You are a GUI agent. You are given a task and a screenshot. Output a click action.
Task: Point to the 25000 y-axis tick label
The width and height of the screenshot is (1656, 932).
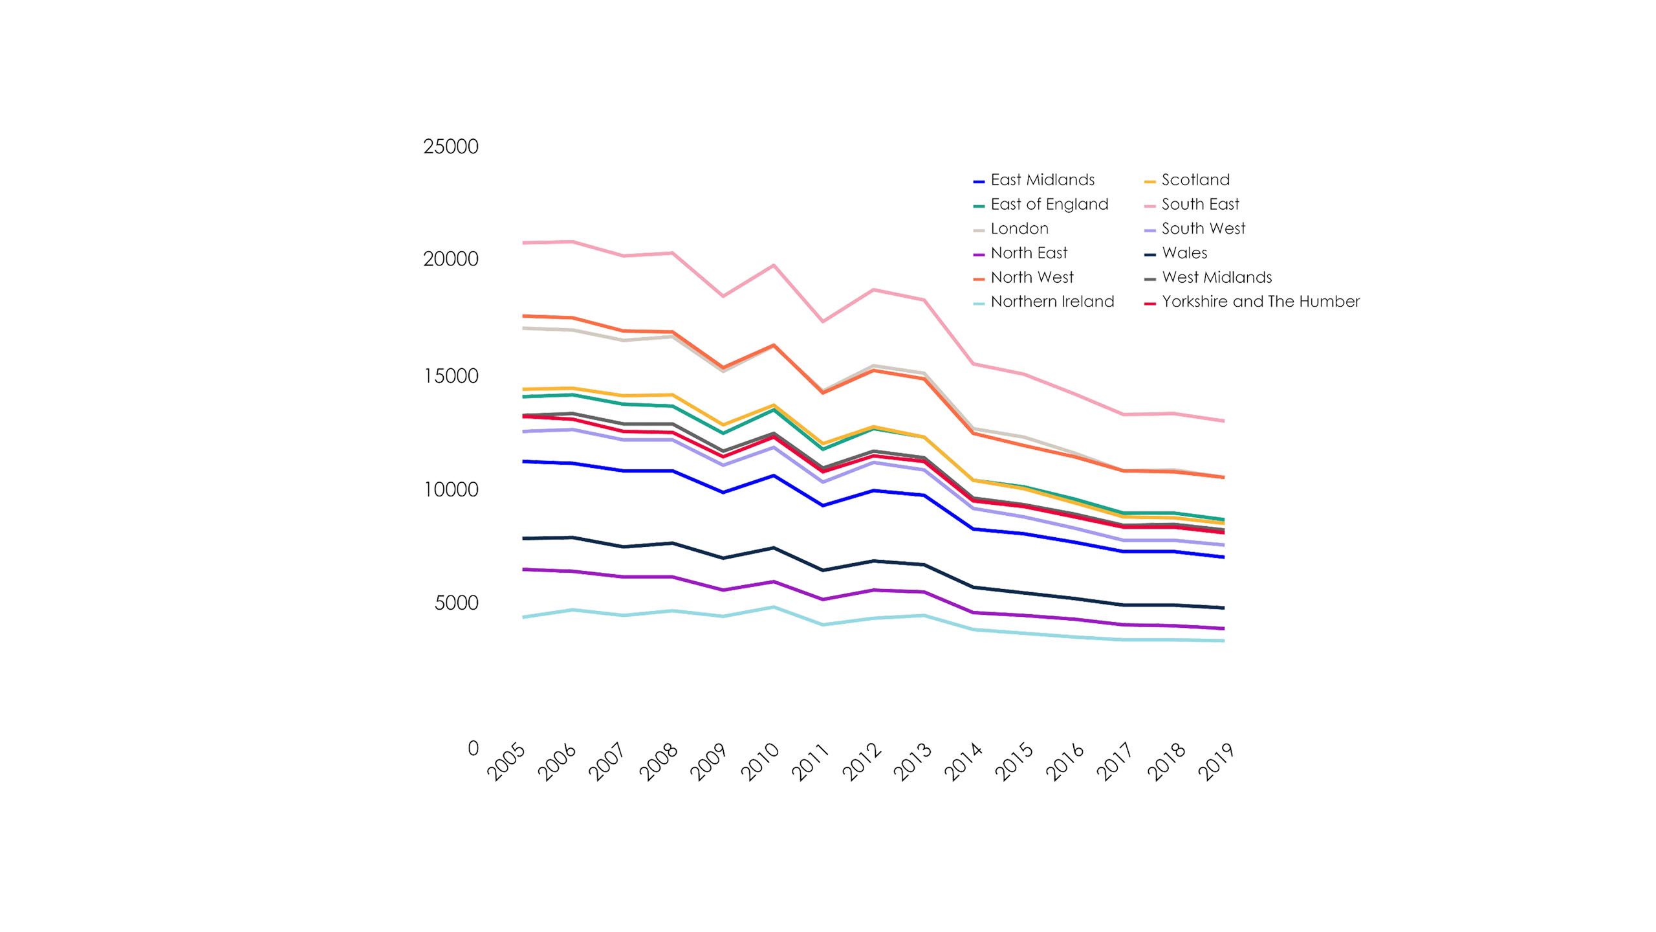point(451,147)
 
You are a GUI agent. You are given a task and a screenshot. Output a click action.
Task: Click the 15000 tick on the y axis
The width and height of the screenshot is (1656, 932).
point(451,376)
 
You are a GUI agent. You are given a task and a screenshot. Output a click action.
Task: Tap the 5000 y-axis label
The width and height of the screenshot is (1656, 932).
point(456,603)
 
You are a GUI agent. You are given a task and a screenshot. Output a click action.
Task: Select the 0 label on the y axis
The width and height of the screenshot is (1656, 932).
point(473,748)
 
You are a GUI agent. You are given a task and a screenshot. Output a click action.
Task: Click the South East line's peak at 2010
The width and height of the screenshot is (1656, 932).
point(774,265)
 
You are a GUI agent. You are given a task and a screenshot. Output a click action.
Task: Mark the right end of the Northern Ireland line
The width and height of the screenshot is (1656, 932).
point(1223,641)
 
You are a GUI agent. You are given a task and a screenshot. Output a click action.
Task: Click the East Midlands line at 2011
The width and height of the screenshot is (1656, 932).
point(823,505)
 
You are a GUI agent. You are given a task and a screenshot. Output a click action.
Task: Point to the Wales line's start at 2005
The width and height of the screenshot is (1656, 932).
point(523,538)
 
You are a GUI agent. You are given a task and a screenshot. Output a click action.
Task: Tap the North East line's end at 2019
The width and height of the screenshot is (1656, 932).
point(1223,628)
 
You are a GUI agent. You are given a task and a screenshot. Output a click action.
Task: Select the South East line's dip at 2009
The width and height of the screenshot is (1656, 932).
point(723,296)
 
